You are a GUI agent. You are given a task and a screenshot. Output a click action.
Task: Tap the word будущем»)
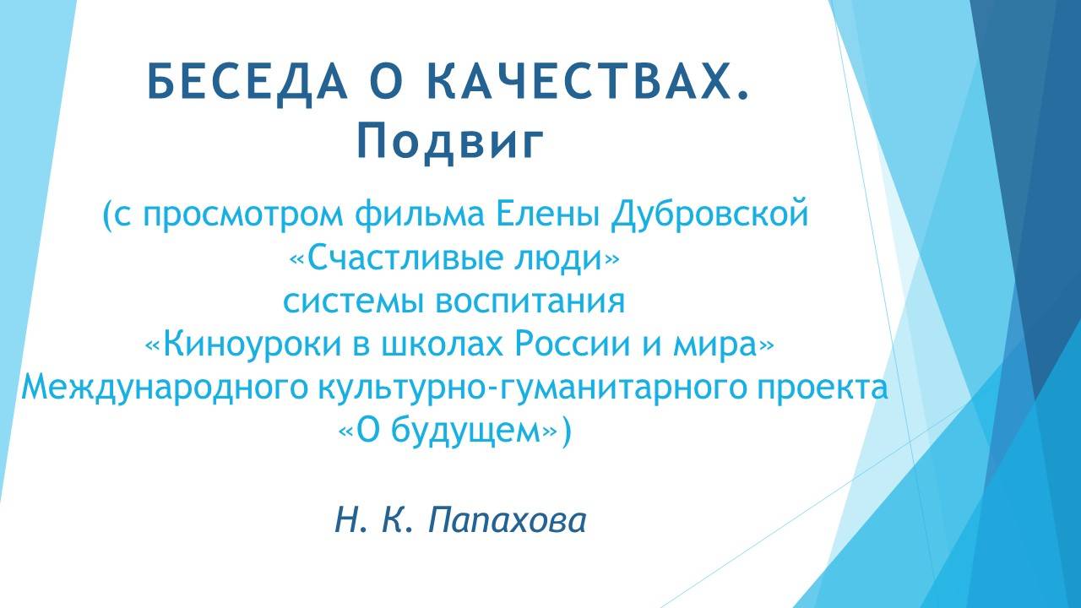pos(490,431)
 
